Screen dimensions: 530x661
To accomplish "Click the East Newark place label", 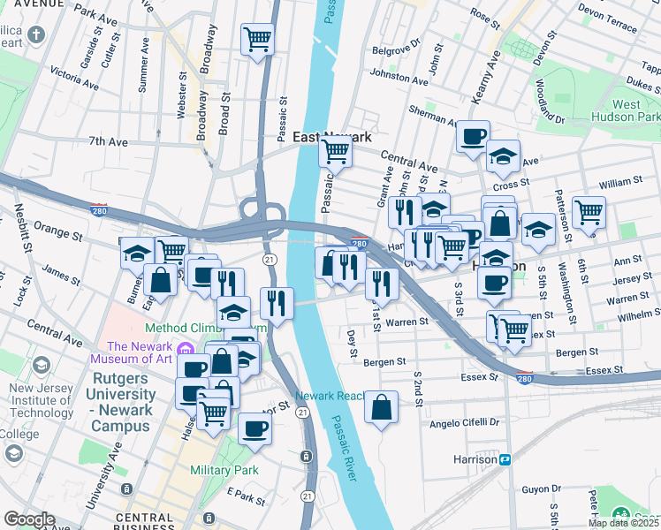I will pos(331,137).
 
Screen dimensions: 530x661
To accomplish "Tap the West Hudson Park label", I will pos(637,110).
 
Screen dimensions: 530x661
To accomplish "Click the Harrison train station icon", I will pos(505,459).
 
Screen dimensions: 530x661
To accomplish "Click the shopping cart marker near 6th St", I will pos(589,212).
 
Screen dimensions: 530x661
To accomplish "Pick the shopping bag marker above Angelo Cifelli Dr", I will pos(382,408).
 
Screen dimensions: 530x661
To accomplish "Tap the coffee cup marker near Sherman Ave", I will pos(473,136).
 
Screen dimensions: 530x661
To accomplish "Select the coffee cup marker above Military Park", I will pos(255,428).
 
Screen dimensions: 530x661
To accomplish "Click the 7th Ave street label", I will pos(109,141).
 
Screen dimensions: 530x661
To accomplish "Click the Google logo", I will pos(29,519).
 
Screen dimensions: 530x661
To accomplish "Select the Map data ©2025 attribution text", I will pos(624,523).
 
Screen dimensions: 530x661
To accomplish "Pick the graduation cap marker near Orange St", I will pos(137,254).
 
